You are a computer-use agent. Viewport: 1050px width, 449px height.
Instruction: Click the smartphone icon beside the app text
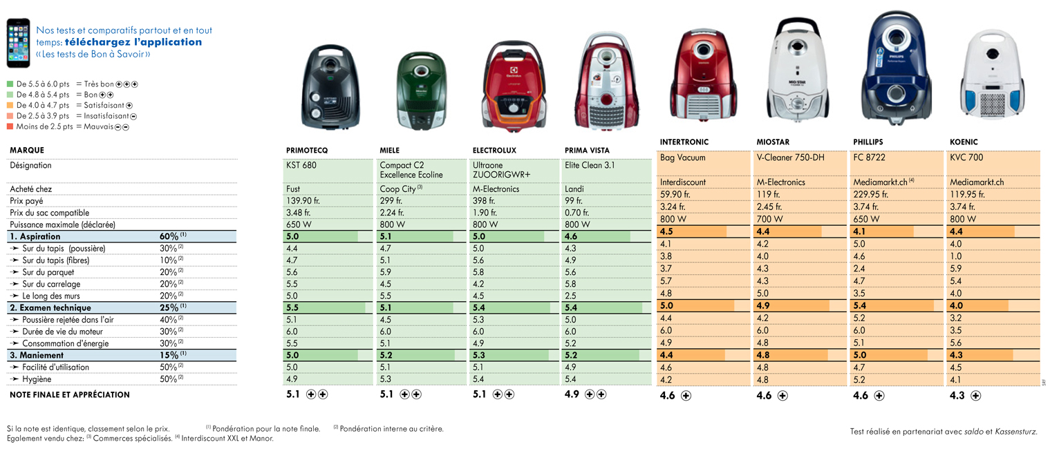(18, 43)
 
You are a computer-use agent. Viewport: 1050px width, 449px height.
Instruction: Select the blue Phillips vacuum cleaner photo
(896, 68)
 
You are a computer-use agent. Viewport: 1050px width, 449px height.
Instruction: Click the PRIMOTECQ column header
(307, 151)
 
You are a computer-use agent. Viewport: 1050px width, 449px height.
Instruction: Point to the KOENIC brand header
(964, 142)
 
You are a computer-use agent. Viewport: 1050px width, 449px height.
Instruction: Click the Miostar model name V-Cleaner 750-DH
(790, 157)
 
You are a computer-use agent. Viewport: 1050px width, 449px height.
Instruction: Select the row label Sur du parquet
(48, 272)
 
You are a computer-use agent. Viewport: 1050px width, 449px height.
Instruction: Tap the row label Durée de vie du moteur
(62, 332)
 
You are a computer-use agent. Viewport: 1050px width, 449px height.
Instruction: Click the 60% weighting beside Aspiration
(169, 236)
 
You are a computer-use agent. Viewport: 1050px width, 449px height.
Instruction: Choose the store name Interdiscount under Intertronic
(683, 182)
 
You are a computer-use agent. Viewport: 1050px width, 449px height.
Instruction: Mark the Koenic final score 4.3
(957, 396)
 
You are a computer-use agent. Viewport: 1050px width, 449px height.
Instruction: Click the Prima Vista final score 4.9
(572, 394)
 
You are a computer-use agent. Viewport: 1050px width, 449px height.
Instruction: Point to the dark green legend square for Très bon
(10, 84)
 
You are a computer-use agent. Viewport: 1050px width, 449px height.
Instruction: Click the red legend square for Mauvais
(10, 126)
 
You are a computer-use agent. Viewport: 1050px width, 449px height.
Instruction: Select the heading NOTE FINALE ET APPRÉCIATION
(70, 394)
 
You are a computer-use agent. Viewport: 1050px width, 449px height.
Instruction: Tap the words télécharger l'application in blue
(133, 42)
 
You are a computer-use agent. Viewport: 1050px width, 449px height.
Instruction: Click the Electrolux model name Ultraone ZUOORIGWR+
(501, 170)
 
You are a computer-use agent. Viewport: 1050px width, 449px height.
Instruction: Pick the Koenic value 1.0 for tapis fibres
(956, 256)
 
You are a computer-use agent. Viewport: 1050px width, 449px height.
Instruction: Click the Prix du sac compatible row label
(49, 213)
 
